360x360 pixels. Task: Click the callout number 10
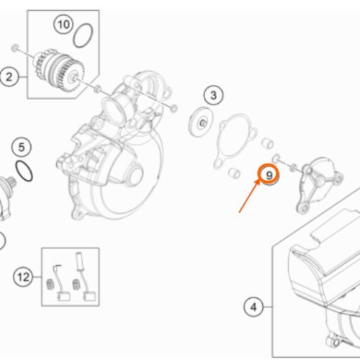point(63,24)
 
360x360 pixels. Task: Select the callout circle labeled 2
point(9,77)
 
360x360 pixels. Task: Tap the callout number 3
point(213,95)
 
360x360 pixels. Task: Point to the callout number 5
point(22,147)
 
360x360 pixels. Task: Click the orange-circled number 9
point(269,175)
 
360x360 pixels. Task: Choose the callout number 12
point(23,277)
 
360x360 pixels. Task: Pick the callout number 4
point(253,307)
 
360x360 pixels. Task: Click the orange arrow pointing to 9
point(250,196)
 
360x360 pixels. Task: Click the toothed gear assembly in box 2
point(59,71)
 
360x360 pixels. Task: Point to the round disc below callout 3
point(201,122)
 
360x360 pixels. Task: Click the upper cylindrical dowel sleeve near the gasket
point(267,143)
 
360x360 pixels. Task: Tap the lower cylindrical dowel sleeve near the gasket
point(234,173)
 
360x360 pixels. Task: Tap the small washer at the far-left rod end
point(15,48)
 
